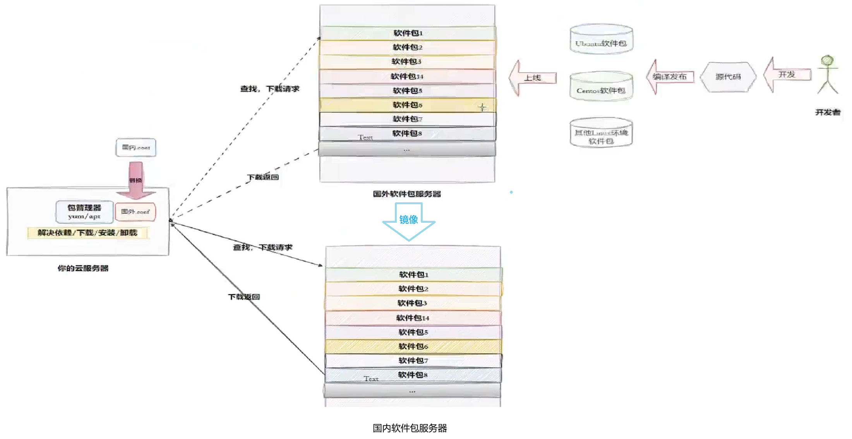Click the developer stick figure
pyautogui.click(x=827, y=75)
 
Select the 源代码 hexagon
pyautogui.click(x=728, y=77)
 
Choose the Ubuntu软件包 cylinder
pyautogui.click(x=601, y=39)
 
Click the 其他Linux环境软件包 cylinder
pyautogui.click(x=601, y=133)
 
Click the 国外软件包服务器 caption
pyautogui.click(x=407, y=194)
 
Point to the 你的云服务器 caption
pyautogui.click(x=83, y=268)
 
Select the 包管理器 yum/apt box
pyautogui.click(x=84, y=212)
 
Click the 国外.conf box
pyautogui.click(x=135, y=212)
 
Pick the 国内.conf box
pyautogui.click(x=136, y=147)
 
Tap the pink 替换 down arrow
pyautogui.click(x=135, y=180)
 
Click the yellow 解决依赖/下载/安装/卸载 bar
pyautogui.click(x=87, y=232)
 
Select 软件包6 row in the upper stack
pyautogui.click(x=407, y=105)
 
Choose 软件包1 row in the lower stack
pyautogui.click(x=413, y=275)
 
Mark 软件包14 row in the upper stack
pyautogui.click(x=407, y=76)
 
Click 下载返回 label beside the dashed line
pyautogui.click(x=263, y=177)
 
